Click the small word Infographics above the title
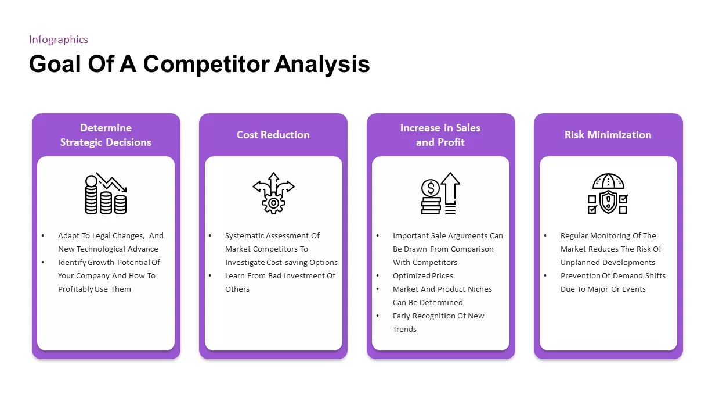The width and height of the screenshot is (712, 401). tap(59, 40)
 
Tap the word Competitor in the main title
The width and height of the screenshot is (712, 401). tap(207, 64)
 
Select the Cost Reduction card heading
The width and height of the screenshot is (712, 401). tap(273, 135)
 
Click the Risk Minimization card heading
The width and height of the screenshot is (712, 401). tap(608, 135)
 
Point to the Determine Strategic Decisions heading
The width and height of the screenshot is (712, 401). tap(106, 135)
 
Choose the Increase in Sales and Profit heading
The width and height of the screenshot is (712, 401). tap(440, 135)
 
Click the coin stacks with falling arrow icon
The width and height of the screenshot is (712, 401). tap(106, 194)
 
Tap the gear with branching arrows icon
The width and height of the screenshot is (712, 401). tap(273, 194)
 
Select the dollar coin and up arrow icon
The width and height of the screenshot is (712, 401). tap(440, 194)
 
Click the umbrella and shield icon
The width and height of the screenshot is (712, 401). tap(608, 194)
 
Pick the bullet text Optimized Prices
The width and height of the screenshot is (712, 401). tap(423, 276)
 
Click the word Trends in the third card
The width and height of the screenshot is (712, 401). tap(404, 330)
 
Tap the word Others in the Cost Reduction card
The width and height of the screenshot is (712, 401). tap(237, 289)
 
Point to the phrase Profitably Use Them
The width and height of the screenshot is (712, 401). tap(95, 289)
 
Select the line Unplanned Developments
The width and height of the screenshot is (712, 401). tap(608, 263)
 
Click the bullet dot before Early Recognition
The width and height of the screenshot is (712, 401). tap(378, 316)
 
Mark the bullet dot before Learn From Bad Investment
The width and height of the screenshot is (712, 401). tap(210, 275)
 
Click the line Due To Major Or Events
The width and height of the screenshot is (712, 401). tap(603, 289)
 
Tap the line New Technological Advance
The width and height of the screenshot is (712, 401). tap(108, 249)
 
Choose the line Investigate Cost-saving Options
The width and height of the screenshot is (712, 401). tap(281, 263)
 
